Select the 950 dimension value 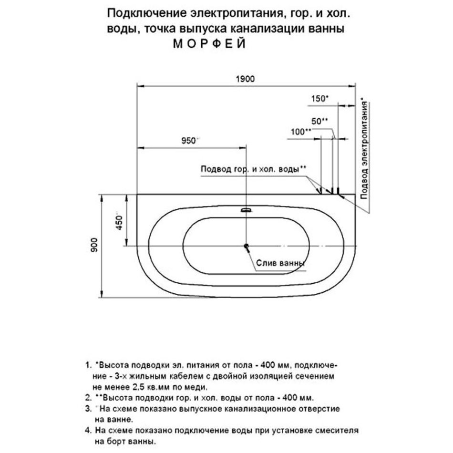coord(189,140)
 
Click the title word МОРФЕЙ coord(209,43)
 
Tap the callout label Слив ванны coord(280,263)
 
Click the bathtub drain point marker coord(247,246)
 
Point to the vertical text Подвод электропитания coord(365,145)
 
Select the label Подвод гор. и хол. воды coord(253,169)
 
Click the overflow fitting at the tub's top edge coord(247,209)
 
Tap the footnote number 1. coord(87,366)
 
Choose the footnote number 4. coord(87,430)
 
